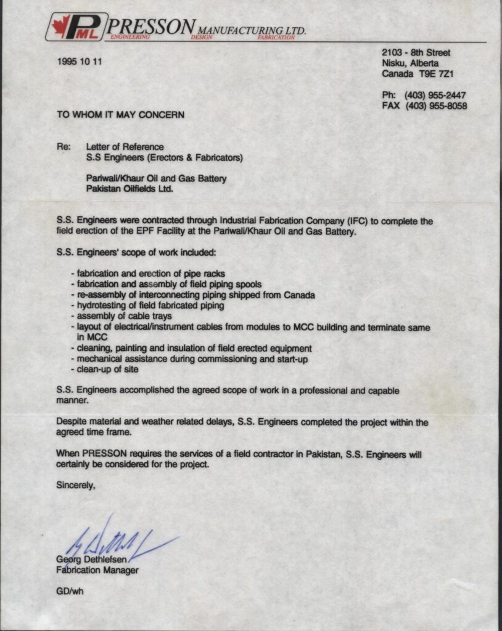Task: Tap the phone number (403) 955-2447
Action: pos(435,96)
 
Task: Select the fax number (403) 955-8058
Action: pos(436,106)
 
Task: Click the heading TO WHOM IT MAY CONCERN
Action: pos(120,115)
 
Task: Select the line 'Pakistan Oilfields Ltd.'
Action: pos(130,189)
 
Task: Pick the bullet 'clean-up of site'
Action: pos(106,369)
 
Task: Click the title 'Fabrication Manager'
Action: pos(97,571)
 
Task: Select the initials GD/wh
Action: pos(70,592)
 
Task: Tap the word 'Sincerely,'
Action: pos(76,485)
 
